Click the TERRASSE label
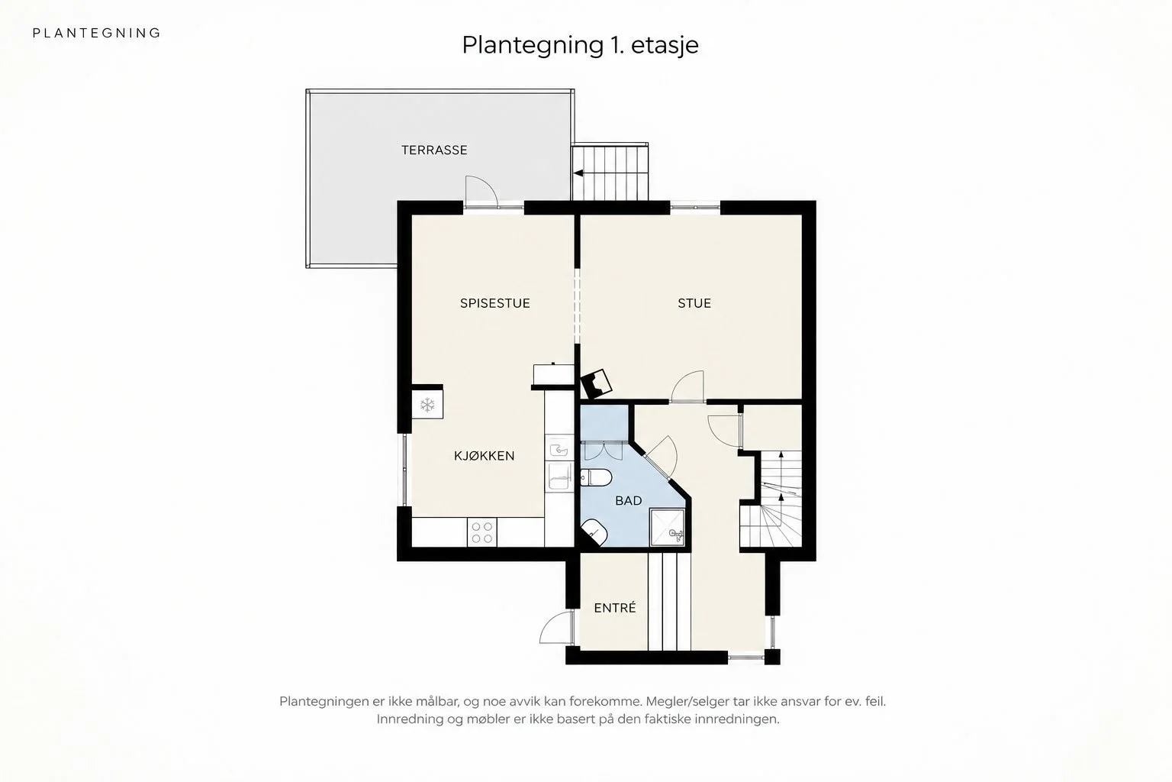[434, 150]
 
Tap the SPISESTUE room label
[495, 303]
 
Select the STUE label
[694, 303]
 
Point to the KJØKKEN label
[484, 456]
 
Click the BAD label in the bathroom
[629, 501]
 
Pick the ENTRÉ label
[615, 608]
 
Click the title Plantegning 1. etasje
[580, 45]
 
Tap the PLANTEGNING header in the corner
[97, 33]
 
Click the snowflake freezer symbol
[427, 405]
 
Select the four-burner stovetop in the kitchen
[482, 532]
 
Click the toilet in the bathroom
[596, 478]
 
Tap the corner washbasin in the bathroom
[594, 533]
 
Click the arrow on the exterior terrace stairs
[578, 173]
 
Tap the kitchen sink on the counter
[559, 449]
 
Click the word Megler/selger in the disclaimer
[678, 701]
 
